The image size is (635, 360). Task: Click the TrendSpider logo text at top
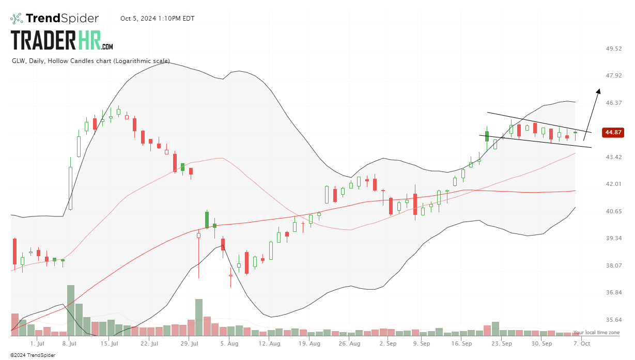[61, 19]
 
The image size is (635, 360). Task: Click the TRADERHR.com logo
[62, 40]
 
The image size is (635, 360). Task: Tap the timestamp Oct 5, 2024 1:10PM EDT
[150, 19]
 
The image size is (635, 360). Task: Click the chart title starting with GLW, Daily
[91, 61]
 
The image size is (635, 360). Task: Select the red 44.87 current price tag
[613, 132]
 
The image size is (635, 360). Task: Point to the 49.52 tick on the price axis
[614, 49]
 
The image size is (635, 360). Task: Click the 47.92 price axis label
[614, 75]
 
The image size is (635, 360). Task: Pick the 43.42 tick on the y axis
[614, 157]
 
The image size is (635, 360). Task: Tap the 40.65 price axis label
[614, 211]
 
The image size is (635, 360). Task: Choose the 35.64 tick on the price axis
[614, 320]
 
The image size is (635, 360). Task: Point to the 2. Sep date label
[388, 343]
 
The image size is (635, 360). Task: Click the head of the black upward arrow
[599, 90]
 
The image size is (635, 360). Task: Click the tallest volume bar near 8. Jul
[71, 310]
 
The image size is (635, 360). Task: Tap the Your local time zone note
[596, 333]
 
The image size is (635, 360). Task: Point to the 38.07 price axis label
[614, 265]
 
